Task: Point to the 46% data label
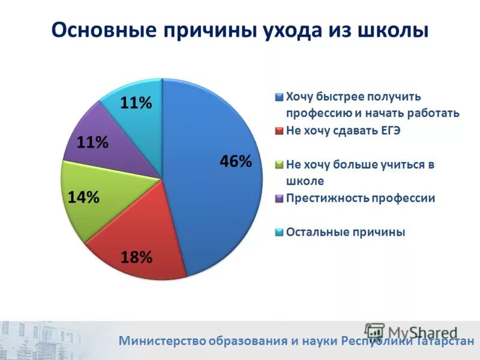pos(235,161)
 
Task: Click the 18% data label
pos(136,257)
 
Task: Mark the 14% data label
pos(83,197)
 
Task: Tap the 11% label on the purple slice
pos(92,143)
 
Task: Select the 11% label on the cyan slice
pos(136,103)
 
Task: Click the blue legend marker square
pos(279,97)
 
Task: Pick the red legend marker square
pos(279,131)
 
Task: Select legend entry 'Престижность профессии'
pos(361,198)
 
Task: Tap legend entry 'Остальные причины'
pos(346,232)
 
